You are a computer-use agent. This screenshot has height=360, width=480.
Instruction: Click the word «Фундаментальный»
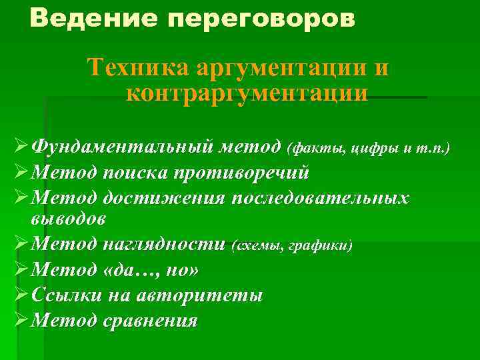[x=122, y=146]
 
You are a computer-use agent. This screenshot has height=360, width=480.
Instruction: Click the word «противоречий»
[x=241, y=173]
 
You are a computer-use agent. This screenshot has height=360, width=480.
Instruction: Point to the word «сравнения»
[x=151, y=321]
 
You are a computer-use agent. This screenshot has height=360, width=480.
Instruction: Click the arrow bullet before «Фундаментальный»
[x=21, y=146]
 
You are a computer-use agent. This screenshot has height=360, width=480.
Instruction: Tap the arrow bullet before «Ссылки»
[x=21, y=295]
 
